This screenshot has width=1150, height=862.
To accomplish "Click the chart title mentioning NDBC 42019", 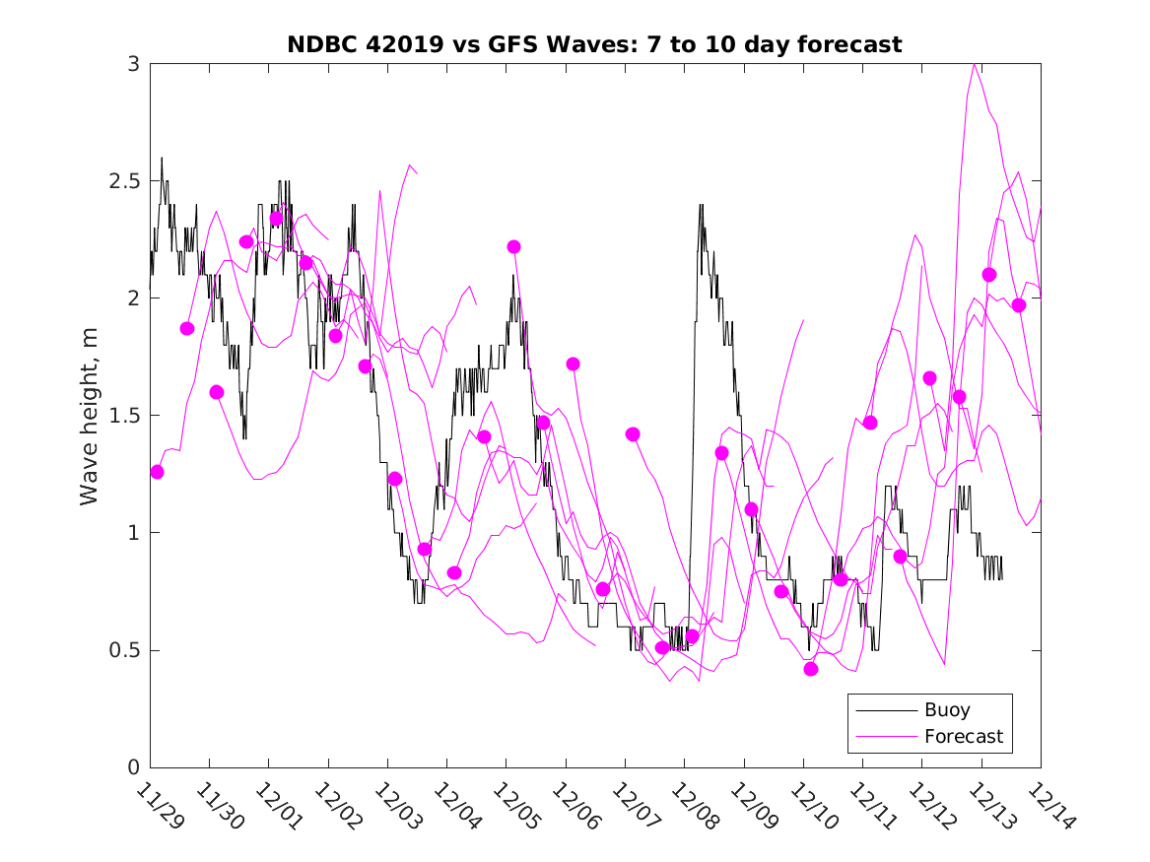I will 594,44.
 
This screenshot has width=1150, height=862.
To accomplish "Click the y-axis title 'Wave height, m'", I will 90,416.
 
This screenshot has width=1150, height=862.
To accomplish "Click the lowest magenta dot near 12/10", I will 811,669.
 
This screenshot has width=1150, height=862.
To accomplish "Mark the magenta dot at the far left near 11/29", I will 157,472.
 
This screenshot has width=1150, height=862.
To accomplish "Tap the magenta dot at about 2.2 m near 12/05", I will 513,246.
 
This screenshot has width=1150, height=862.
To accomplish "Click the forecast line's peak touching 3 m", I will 975,65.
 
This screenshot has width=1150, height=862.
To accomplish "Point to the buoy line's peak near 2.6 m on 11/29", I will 162,158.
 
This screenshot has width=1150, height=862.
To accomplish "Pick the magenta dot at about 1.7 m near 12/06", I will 573,364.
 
